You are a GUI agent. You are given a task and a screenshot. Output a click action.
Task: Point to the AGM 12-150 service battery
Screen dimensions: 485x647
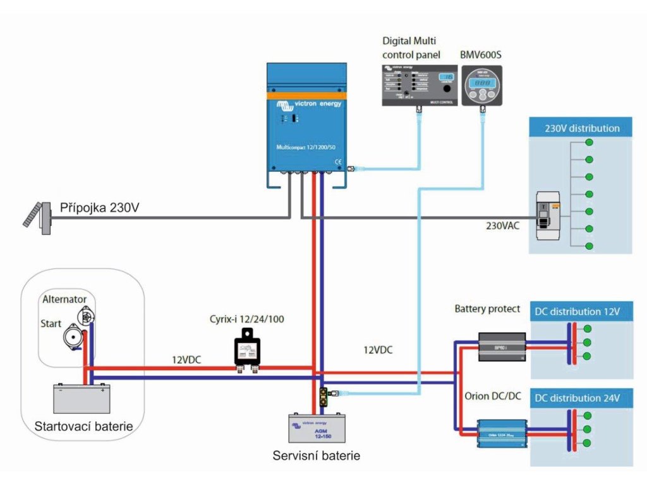[317, 428]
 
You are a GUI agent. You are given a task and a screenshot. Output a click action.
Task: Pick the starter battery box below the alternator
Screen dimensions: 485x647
[82, 398]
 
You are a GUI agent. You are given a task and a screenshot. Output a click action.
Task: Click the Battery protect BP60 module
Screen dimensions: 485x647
[502, 347]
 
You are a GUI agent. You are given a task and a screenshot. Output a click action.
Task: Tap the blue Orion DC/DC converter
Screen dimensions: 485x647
[502, 433]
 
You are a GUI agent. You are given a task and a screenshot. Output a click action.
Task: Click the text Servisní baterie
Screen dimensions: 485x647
[317, 455]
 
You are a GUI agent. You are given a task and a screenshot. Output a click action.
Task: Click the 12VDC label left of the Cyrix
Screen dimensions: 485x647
[187, 359]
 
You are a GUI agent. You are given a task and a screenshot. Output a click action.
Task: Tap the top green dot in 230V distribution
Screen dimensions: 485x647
[589, 141]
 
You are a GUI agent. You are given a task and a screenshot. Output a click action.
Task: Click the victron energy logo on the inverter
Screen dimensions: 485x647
[307, 105]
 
